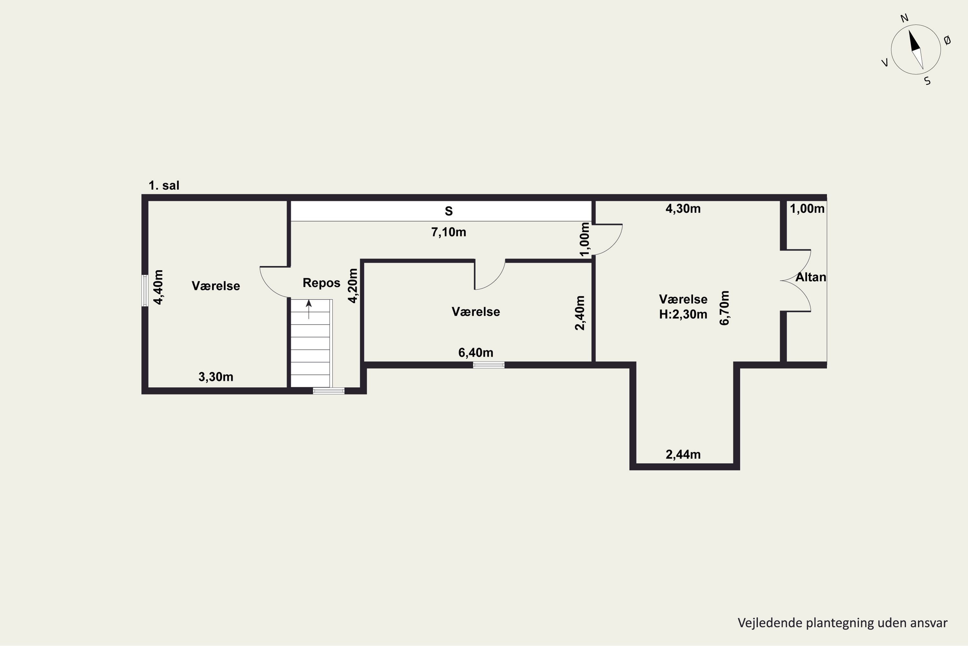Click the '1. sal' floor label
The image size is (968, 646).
(x=164, y=186)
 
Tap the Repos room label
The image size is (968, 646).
(x=321, y=283)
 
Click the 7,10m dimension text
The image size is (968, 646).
(x=449, y=232)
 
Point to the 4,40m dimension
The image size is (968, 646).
(x=158, y=287)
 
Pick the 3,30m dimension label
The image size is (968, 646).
(x=216, y=377)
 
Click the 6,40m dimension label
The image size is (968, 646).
(x=476, y=353)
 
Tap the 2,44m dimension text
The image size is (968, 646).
(x=683, y=454)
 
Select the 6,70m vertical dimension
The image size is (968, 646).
(x=724, y=308)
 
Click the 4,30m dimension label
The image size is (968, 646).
(x=683, y=209)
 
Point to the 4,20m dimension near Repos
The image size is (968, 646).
(x=353, y=286)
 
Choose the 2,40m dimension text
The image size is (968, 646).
(x=580, y=313)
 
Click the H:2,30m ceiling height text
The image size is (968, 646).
(x=683, y=315)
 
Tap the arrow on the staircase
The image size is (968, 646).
(x=309, y=309)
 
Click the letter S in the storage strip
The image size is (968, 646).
(x=449, y=211)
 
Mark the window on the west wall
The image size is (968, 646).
(x=145, y=290)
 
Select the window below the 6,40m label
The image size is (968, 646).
(x=489, y=365)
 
